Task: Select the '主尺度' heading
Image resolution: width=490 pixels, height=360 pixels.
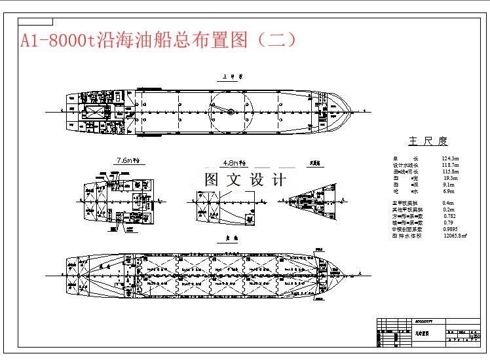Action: pos(428,141)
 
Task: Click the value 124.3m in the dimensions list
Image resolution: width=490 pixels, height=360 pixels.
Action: pos(450,158)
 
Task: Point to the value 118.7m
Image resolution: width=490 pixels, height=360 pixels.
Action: pos(450,165)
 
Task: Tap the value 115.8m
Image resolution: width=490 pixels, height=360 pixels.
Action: pos(450,171)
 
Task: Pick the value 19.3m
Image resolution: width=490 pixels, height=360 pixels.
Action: pos(451,178)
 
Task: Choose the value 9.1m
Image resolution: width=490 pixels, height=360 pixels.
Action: pos(450,185)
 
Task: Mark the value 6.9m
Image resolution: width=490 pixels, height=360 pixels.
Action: pos(450,191)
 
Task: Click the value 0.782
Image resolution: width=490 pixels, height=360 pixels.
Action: pos(450,216)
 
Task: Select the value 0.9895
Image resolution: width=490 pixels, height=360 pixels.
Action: pos(451,229)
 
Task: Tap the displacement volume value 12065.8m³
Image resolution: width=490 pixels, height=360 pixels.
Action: pos(455,236)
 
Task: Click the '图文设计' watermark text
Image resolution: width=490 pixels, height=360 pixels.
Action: pos(245,179)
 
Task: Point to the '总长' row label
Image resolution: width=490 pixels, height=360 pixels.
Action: pos(396,158)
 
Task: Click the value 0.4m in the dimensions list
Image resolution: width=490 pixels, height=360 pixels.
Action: pos(448,204)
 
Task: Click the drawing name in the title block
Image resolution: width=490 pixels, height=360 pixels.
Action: pos(421,332)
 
